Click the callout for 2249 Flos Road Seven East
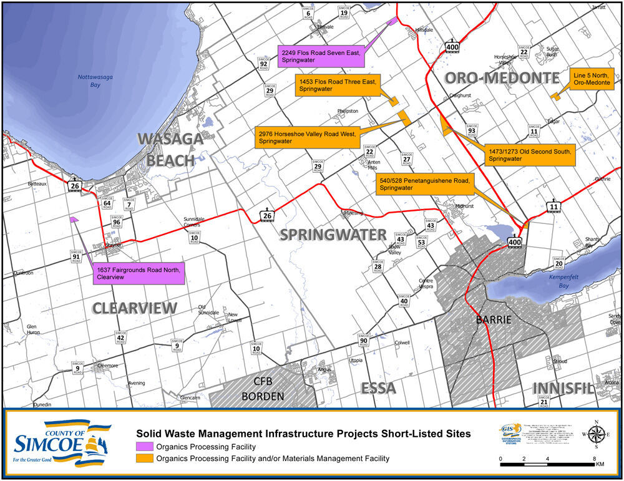click(320, 56)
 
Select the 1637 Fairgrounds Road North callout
click(139, 273)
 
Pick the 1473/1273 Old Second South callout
click(530, 155)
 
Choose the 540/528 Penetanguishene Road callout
click(425, 183)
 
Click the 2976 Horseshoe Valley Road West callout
click(306, 137)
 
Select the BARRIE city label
click(493, 319)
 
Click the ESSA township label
click(378, 388)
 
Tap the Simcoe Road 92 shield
click(263, 61)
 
